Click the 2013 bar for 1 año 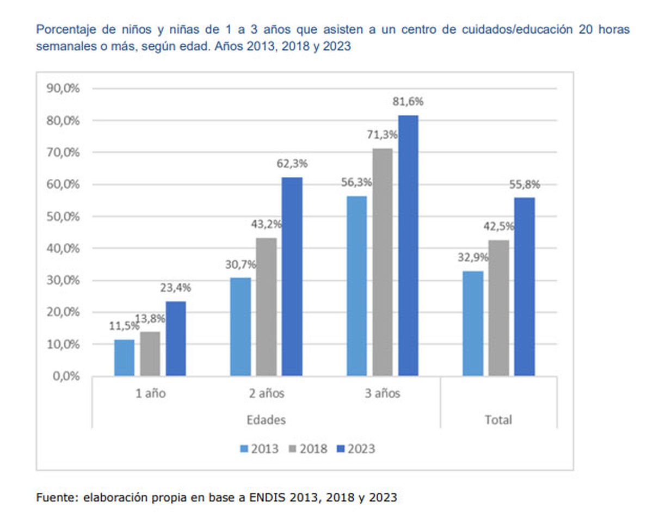click(124, 357)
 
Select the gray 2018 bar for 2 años click(267, 307)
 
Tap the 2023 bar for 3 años click(408, 245)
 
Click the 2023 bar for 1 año click(176, 338)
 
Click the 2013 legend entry click(259, 449)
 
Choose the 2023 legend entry click(356, 449)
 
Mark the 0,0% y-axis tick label click(66, 376)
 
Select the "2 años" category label click(266, 393)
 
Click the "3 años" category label click(382, 393)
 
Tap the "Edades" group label click(266, 420)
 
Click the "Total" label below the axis click(498, 420)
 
